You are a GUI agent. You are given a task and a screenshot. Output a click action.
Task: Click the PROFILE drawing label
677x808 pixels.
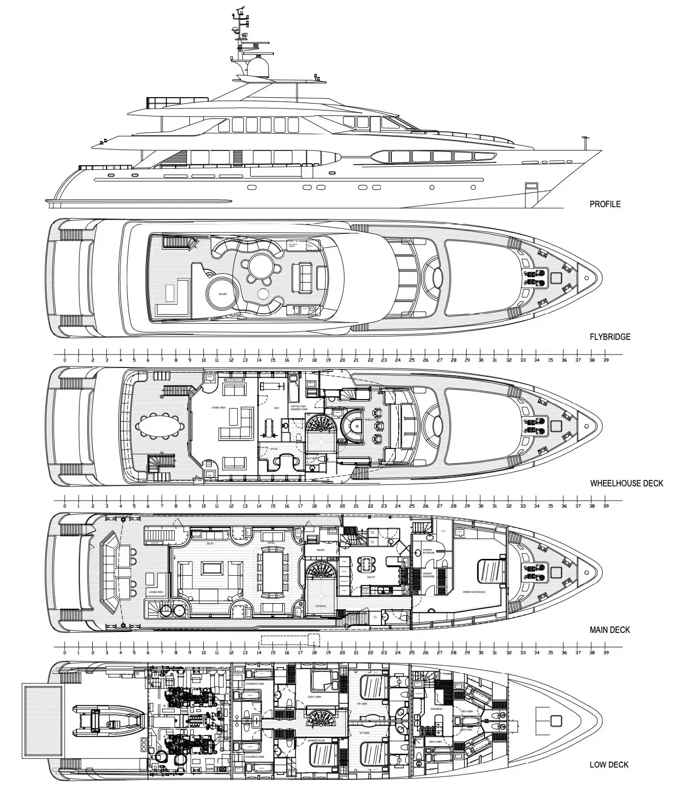tap(605, 204)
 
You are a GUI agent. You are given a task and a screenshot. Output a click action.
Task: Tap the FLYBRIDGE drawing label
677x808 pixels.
tap(610, 337)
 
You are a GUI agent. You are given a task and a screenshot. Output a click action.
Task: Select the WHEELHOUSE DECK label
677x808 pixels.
tap(627, 483)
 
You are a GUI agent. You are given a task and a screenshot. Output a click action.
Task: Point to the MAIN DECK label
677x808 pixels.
tap(610, 630)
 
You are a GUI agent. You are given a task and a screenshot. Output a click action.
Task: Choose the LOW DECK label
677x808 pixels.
tap(609, 765)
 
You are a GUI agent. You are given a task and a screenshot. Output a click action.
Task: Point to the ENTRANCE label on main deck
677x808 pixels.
tap(321, 606)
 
